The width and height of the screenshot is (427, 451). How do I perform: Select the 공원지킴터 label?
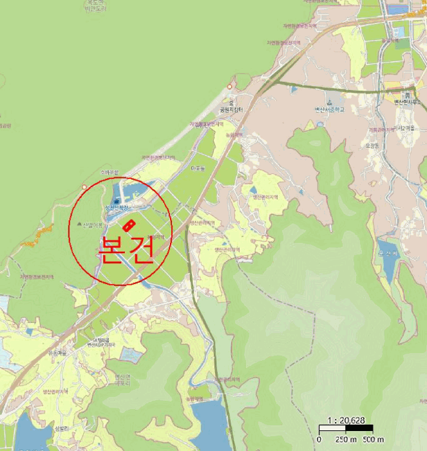[232, 110]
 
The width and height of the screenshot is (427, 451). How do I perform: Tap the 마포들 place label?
[198, 168]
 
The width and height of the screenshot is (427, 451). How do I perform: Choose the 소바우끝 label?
[110, 173]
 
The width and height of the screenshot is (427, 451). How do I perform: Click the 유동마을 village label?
[58, 353]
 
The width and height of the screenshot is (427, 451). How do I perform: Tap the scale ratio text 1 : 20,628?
[346, 420]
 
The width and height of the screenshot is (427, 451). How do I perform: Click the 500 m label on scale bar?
[372, 439]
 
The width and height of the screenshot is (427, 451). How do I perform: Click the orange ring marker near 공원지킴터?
[229, 86]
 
